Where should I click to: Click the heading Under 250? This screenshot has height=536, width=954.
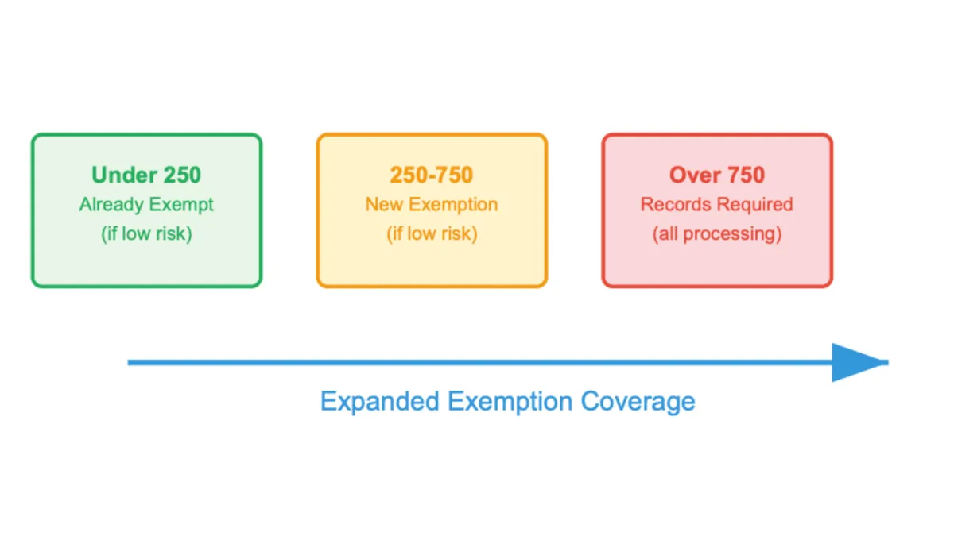pos(146,175)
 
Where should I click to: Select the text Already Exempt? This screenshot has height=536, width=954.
pos(146,204)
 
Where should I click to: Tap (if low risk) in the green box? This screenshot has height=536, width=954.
pos(146,234)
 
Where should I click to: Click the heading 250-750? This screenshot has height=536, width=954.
pos(432,175)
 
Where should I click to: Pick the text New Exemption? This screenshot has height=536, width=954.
pos(432,204)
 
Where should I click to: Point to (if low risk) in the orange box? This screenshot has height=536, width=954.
pos(432,234)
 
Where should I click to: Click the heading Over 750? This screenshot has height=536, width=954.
pos(717,175)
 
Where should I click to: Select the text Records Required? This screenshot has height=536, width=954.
pos(717,204)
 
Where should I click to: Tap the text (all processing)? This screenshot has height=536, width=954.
pos(717,234)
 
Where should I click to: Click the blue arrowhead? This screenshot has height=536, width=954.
pos(857,363)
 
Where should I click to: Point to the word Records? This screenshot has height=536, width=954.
pos(673,204)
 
